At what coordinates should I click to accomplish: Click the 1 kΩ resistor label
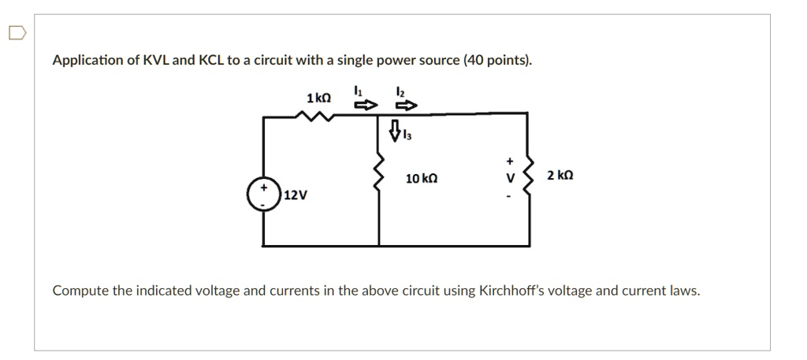[x=318, y=98]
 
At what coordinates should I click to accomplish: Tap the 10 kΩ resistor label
[x=422, y=180]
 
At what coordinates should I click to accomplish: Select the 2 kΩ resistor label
[x=560, y=175]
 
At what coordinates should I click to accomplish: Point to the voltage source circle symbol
[x=262, y=194]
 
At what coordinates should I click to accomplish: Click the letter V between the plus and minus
[x=509, y=177]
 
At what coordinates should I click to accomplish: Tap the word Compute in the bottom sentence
[x=80, y=291]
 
